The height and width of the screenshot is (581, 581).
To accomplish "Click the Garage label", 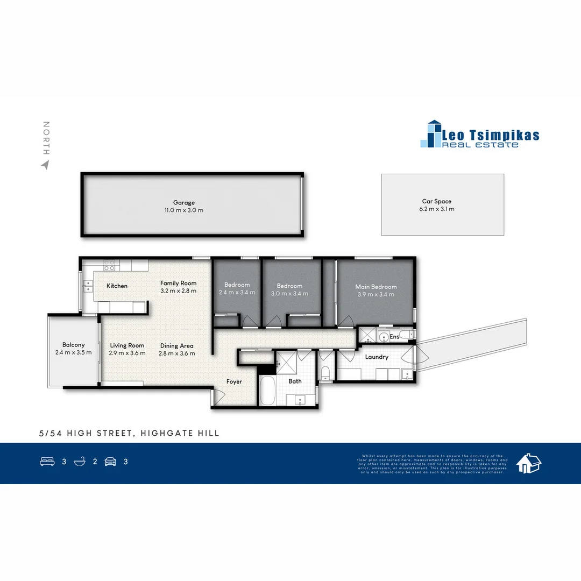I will [x=184, y=203].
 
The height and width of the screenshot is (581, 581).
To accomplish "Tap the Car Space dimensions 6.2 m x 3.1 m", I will [x=436, y=209].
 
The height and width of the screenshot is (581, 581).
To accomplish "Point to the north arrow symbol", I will [x=45, y=165].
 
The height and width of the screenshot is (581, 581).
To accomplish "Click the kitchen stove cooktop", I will [x=109, y=265].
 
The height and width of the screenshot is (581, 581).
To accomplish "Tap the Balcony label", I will [x=73, y=345].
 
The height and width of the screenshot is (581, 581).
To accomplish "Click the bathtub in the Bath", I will [x=267, y=391].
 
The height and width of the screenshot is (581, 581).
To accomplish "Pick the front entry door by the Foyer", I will [x=218, y=397].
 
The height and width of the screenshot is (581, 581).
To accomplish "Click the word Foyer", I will [x=234, y=381].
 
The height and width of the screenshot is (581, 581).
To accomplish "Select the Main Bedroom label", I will [x=375, y=287].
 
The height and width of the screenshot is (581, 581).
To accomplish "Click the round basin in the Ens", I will [x=382, y=337].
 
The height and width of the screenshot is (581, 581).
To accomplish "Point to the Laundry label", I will [x=377, y=357].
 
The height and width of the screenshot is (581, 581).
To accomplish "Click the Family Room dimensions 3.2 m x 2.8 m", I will [x=178, y=290].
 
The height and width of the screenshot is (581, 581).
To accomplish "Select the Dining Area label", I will [x=176, y=346].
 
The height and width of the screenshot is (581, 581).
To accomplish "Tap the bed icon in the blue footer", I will [x=47, y=462].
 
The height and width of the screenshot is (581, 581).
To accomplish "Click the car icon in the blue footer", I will [x=110, y=462].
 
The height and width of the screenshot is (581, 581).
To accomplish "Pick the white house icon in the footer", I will [x=528, y=463].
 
